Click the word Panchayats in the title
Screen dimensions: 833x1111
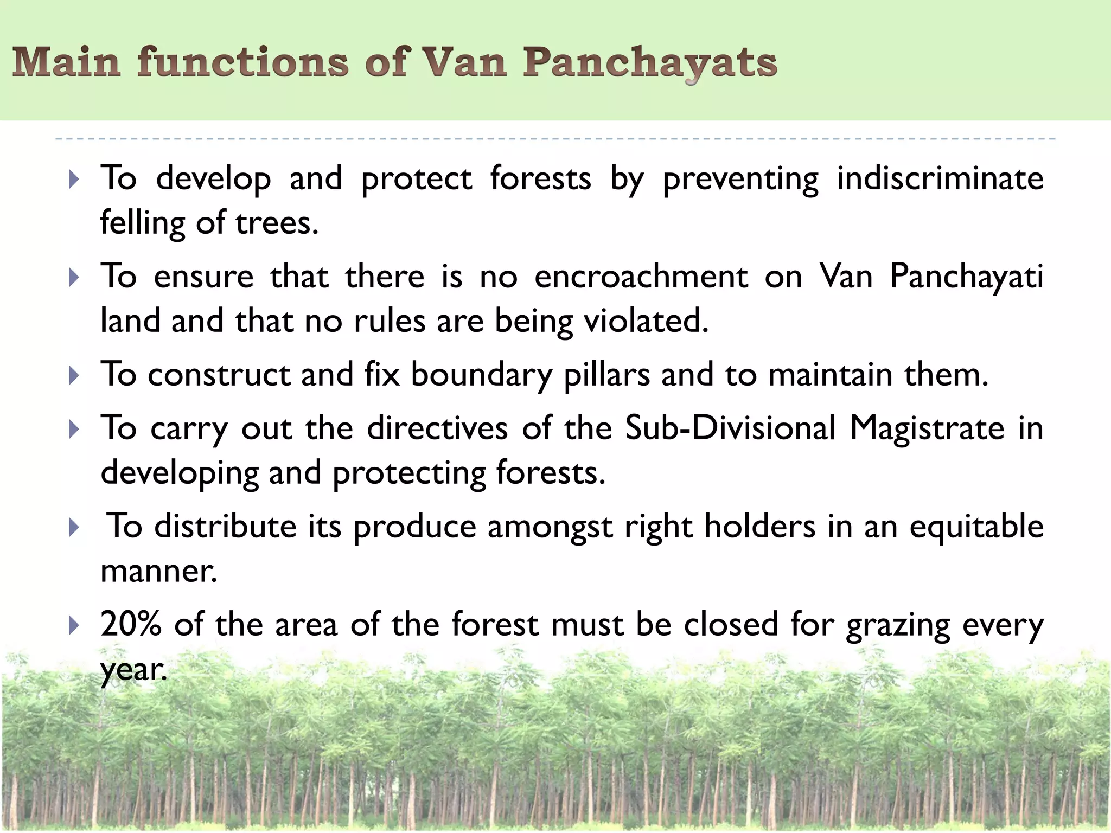click(649, 63)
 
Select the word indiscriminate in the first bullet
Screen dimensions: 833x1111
click(940, 178)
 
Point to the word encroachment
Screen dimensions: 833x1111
click(641, 277)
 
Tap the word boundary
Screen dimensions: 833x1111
click(481, 375)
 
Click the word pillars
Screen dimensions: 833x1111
click(606, 374)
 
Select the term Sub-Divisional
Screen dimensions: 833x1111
click(730, 428)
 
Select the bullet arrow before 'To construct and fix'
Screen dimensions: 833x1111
click(74, 375)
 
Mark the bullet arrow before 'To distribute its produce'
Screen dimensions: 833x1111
click(74, 528)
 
